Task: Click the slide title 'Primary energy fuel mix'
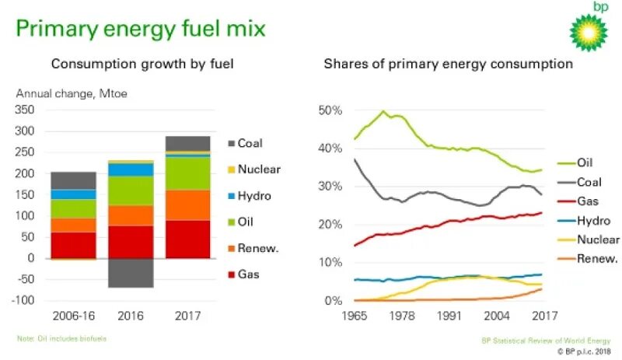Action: (x=142, y=30)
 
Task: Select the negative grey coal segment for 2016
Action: (x=130, y=273)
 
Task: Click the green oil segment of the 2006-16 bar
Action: (x=73, y=209)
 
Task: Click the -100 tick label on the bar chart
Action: (x=23, y=300)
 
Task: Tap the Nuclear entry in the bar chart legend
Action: (x=259, y=169)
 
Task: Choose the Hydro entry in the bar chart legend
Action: (x=254, y=195)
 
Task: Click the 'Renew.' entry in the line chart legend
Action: (x=597, y=259)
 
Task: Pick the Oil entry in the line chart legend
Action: (x=585, y=163)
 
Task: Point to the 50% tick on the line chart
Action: (x=330, y=110)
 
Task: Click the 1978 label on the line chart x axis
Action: (x=402, y=316)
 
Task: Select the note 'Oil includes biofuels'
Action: (x=61, y=338)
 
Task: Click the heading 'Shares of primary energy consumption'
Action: (x=448, y=64)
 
